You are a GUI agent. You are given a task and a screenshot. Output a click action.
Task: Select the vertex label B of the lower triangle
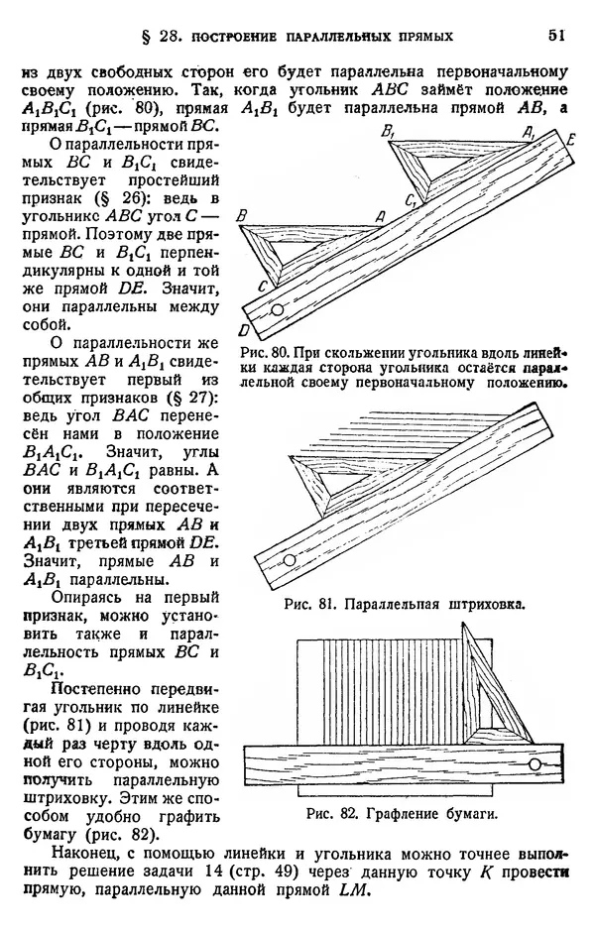pyautogui.click(x=243, y=216)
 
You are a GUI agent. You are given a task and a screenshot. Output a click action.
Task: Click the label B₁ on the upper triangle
pyautogui.click(x=388, y=132)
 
